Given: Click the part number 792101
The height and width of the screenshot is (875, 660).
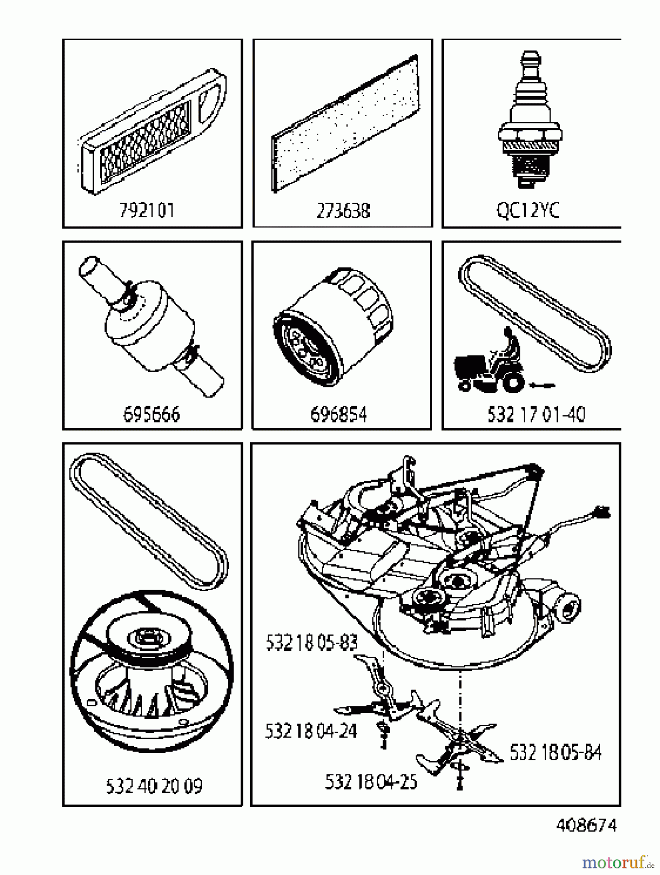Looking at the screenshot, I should pyautogui.click(x=147, y=210).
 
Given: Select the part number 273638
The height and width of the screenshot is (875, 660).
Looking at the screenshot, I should pyautogui.click(x=343, y=211).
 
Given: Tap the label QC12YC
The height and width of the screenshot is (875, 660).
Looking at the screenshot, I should pyautogui.click(x=528, y=210).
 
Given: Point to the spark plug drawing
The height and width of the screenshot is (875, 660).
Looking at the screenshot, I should pyautogui.click(x=530, y=119).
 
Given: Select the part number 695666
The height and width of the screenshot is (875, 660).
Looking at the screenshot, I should pyautogui.click(x=151, y=415).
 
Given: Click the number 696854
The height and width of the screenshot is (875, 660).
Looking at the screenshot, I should pyautogui.click(x=338, y=415).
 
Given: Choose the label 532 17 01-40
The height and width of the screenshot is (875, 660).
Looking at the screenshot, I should pyautogui.click(x=536, y=415).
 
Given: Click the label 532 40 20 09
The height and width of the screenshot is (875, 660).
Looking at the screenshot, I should pyautogui.click(x=154, y=786).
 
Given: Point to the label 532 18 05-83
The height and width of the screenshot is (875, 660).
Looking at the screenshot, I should pyautogui.click(x=312, y=643).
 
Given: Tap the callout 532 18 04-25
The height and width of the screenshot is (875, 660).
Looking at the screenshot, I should pyautogui.click(x=371, y=782).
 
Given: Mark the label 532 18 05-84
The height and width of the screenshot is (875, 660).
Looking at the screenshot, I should pyautogui.click(x=555, y=752).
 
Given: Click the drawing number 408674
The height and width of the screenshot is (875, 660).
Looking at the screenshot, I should pyautogui.click(x=586, y=825).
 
